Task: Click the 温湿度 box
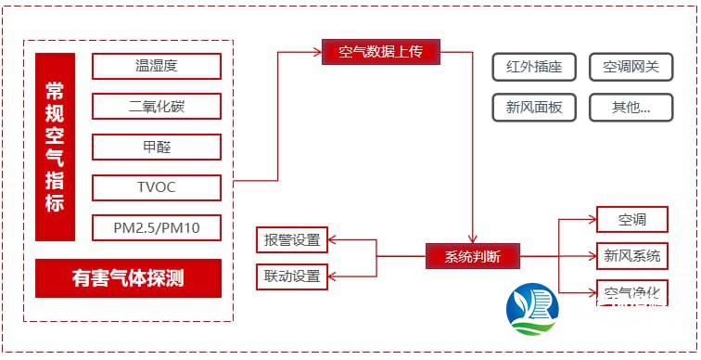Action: point(157,67)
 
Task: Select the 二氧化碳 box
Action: point(157,107)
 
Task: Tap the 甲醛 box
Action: point(157,147)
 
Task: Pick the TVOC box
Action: point(157,186)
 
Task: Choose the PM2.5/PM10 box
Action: point(157,227)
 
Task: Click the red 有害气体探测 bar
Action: point(128,277)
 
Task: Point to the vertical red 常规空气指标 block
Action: point(55,147)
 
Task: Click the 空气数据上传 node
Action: point(380,52)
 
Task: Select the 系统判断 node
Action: point(472,256)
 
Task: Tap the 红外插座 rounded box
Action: point(534,68)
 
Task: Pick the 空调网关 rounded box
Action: point(631,68)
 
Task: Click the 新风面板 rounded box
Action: point(534,107)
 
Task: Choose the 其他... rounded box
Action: point(631,107)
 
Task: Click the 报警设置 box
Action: point(292,240)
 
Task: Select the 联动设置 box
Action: point(292,276)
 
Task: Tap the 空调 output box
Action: point(631,220)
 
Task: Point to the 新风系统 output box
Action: point(631,255)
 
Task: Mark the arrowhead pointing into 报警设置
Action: point(334,240)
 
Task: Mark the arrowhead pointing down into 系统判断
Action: point(473,239)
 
